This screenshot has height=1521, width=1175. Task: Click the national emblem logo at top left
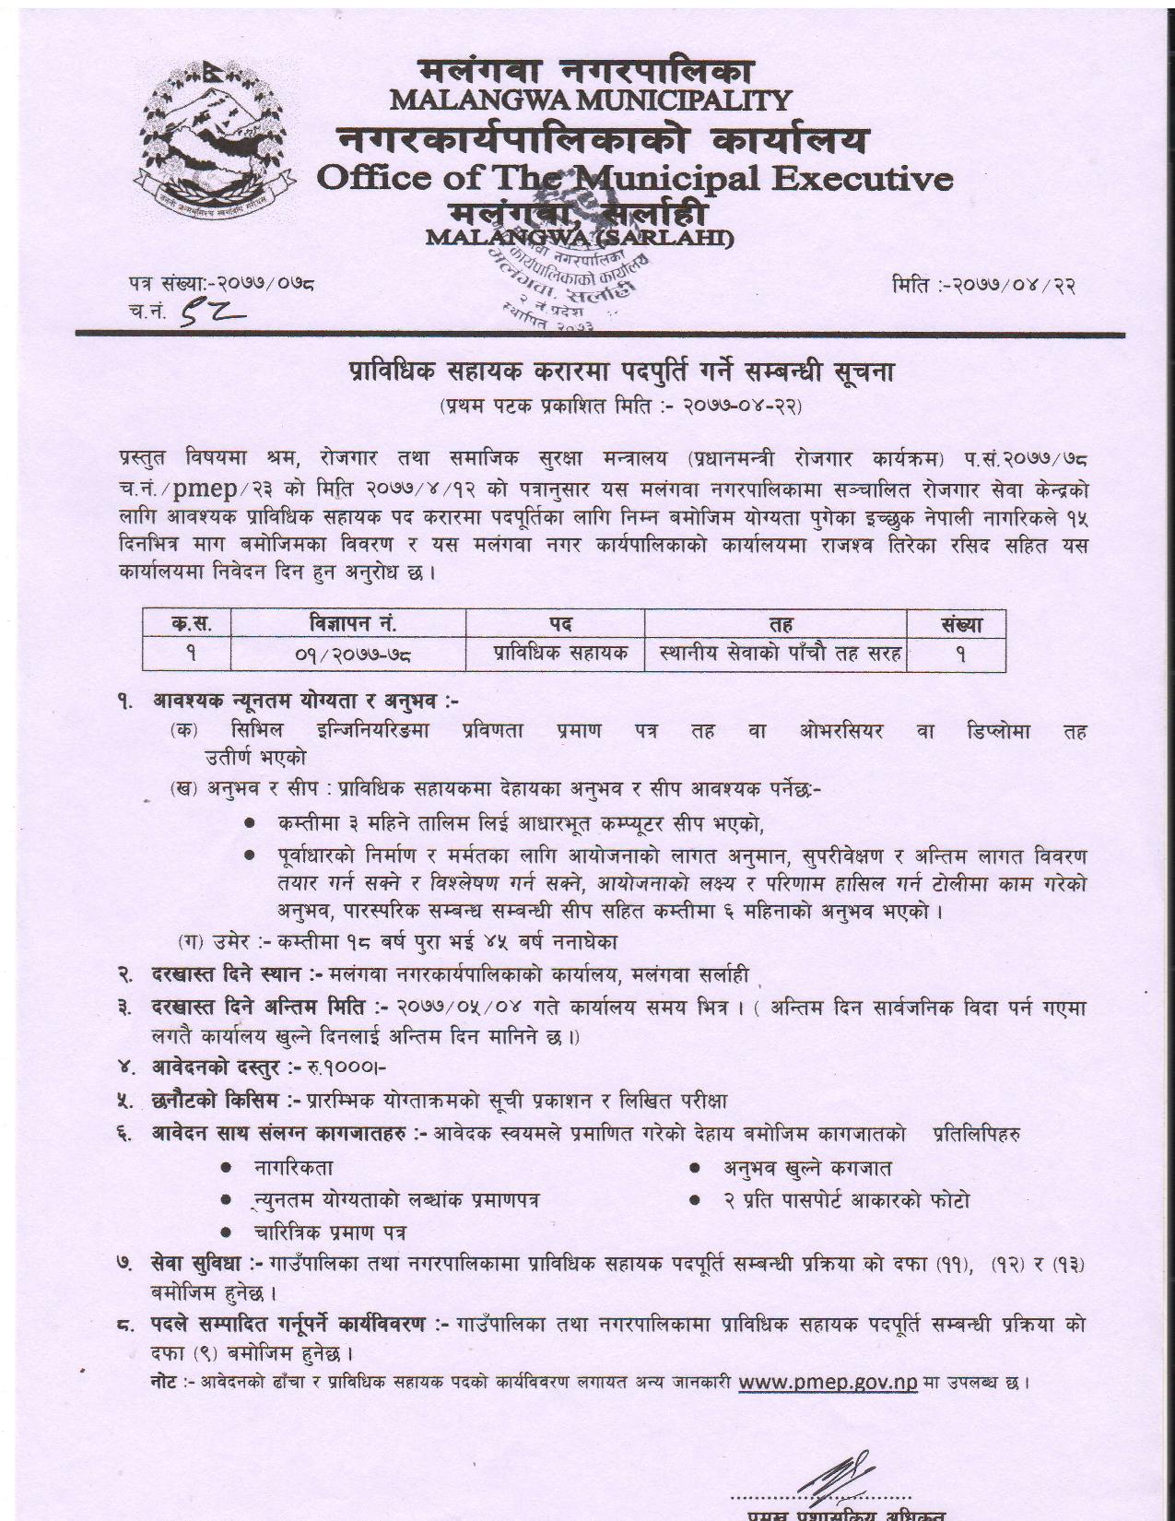213,134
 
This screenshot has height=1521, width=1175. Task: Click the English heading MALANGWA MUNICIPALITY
591,99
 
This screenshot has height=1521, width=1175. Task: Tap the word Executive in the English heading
861,178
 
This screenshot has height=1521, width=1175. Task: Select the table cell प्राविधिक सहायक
559,654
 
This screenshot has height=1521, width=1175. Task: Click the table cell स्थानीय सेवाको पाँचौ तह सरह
780,654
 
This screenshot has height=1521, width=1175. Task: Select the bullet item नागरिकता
292,1168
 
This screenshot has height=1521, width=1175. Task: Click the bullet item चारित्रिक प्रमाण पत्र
329,1232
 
